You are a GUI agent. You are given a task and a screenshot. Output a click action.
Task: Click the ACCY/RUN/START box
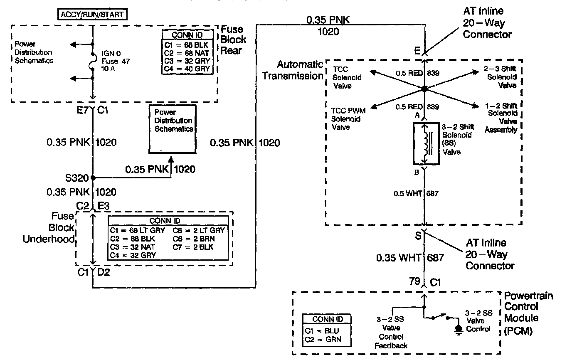(92, 15)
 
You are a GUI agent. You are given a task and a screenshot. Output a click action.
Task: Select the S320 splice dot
(93, 178)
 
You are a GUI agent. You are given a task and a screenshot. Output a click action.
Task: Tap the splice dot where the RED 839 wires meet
(424, 89)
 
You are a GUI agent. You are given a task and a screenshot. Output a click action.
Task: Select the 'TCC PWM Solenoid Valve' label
(346, 119)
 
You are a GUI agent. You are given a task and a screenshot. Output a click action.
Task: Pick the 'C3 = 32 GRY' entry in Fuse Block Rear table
(187, 60)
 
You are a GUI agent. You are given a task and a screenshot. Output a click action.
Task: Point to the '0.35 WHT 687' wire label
(410, 258)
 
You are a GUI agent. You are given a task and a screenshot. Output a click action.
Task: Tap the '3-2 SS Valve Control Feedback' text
(391, 333)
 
